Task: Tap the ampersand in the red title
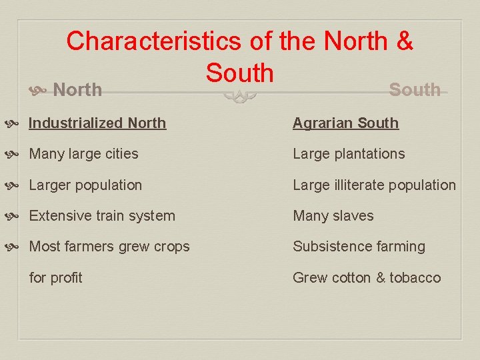[x=404, y=41]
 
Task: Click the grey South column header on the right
[x=414, y=89]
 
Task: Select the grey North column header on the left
[x=77, y=89]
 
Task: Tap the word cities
[x=120, y=154]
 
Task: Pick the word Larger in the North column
[x=51, y=185]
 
